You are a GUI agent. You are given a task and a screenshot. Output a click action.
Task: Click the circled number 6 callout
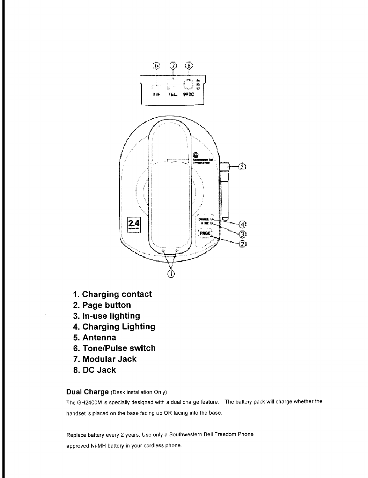[156, 65]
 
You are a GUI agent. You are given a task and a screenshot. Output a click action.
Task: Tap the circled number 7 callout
[173, 65]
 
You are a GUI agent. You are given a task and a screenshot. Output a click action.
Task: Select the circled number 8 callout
[189, 65]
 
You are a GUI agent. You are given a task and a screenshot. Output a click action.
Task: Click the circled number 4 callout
[242, 224]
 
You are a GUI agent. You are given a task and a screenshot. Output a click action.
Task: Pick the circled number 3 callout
[242, 234]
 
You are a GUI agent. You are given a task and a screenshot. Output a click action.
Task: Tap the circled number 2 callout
[242, 244]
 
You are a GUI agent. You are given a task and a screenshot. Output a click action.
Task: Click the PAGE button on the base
[206, 232]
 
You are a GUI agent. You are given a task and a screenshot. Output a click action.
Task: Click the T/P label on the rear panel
[156, 94]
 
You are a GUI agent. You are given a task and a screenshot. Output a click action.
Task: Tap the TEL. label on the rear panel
[172, 94]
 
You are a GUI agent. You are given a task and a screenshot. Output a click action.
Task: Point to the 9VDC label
[189, 94]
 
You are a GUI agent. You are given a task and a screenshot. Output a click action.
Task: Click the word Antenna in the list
[99, 337]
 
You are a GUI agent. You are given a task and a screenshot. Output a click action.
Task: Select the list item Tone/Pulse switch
[119, 348]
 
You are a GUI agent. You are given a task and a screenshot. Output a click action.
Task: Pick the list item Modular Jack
[109, 359]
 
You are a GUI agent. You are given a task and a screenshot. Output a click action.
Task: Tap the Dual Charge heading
[87, 392]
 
